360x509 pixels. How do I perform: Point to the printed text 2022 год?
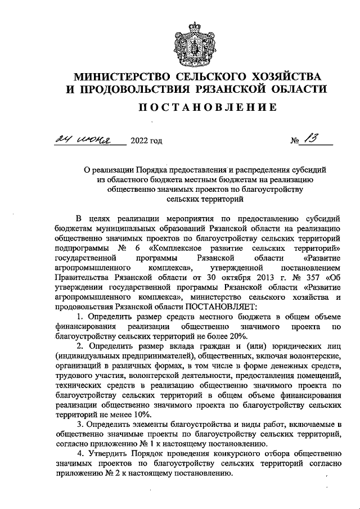(x=146, y=141)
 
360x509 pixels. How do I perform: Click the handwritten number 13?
(x=309, y=139)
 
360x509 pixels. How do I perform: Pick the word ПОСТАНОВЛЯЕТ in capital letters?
(x=219, y=306)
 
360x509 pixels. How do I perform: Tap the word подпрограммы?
(x=79, y=248)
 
